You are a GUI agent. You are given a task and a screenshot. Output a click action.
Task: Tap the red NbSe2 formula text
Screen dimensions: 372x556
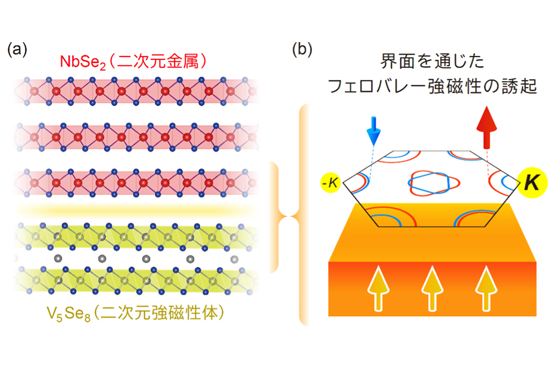[x=83, y=62]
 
